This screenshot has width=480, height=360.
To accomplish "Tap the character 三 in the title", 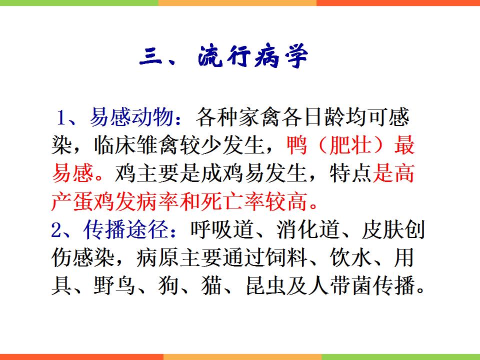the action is click(x=150, y=56).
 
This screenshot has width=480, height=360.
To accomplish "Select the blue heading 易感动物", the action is click(x=131, y=117).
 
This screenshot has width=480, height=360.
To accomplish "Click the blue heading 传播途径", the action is click(x=125, y=229).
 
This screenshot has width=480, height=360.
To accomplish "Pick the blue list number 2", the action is click(x=56, y=230).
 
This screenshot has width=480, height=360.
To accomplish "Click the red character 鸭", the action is click(x=296, y=145).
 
